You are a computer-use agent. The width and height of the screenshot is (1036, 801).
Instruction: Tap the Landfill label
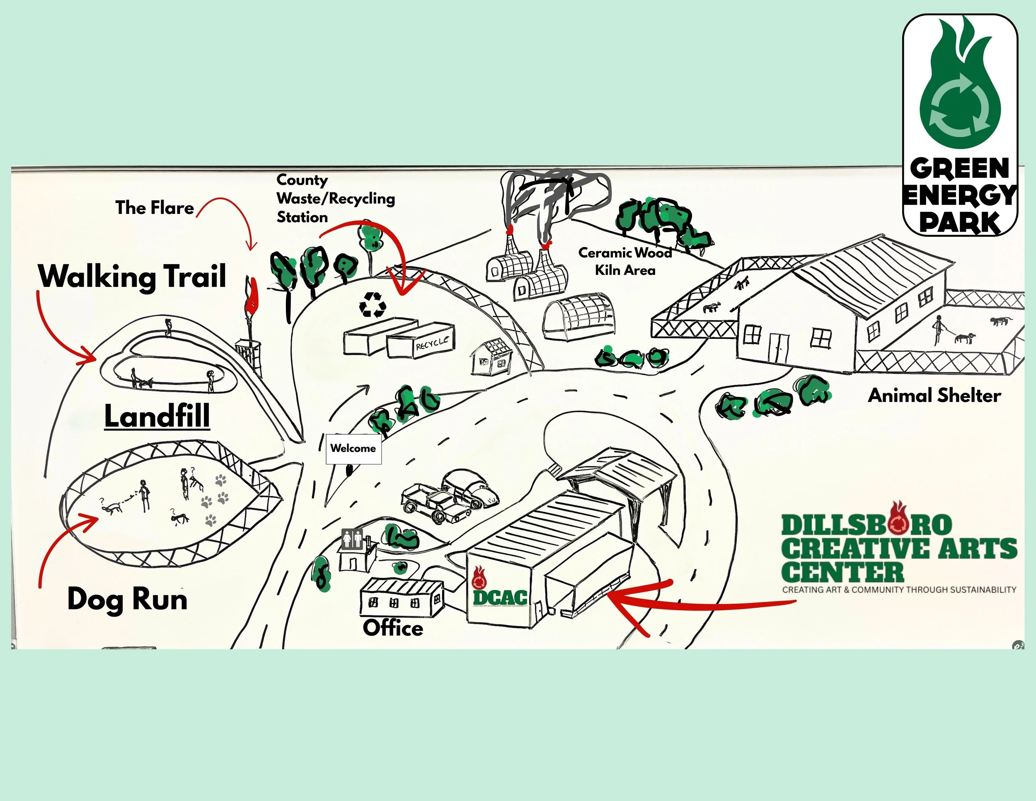pyautogui.click(x=157, y=416)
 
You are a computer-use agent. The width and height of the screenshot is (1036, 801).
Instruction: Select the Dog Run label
pyautogui.click(x=127, y=599)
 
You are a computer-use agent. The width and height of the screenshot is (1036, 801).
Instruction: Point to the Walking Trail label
pyautogui.click(x=132, y=276)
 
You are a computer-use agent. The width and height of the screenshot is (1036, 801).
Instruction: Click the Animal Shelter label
pyautogui.click(x=934, y=395)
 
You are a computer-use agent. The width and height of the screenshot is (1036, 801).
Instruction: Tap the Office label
pyautogui.click(x=393, y=628)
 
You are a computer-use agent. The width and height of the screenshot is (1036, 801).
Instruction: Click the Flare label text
pyautogui.click(x=155, y=208)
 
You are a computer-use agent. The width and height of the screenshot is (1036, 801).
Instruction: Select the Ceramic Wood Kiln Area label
pyautogui.click(x=625, y=262)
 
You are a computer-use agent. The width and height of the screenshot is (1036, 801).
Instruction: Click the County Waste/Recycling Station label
pyautogui.click(x=335, y=198)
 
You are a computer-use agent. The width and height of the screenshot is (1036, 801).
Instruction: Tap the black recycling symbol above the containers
pyautogui.click(x=373, y=304)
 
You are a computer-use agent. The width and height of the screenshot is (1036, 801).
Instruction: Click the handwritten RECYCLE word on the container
pyautogui.click(x=432, y=342)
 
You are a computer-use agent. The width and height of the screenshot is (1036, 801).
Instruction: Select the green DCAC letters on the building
pyautogui.click(x=500, y=597)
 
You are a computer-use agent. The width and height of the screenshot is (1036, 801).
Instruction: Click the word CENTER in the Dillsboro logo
pyautogui.click(x=842, y=572)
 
